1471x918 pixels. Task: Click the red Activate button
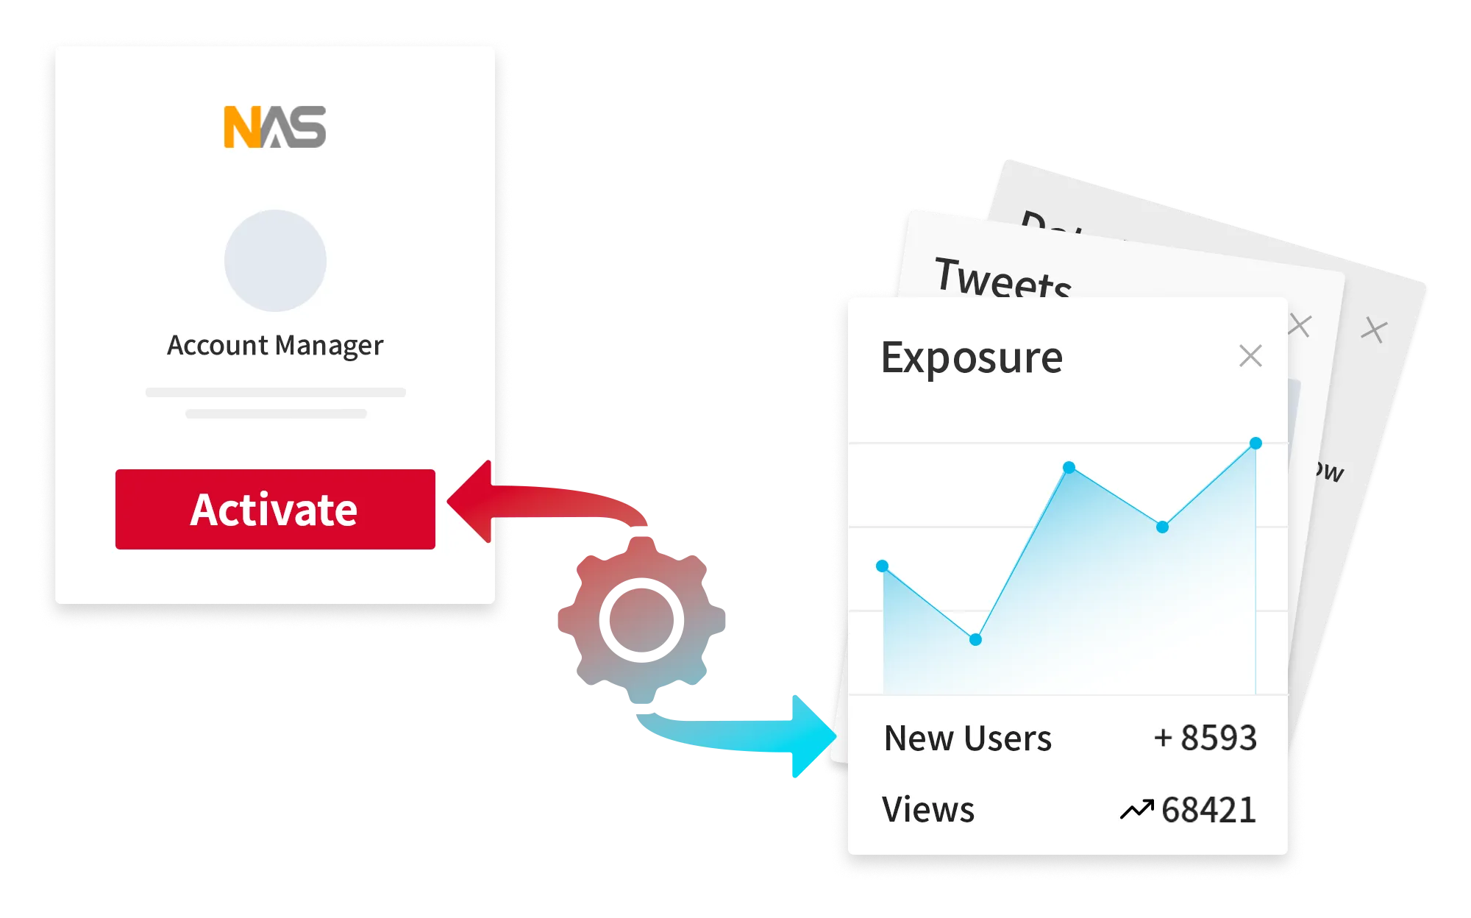click(x=275, y=509)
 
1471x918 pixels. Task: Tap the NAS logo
click(x=275, y=127)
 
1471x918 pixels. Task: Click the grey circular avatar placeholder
click(x=275, y=260)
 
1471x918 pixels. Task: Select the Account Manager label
click(x=275, y=345)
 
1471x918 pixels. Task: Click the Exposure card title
click(x=972, y=358)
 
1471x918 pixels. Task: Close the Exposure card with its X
click(x=1250, y=356)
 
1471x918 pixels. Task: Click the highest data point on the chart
click(x=1256, y=443)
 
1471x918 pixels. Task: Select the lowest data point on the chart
click(x=975, y=639)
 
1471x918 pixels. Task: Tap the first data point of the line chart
click(x=883, y=566)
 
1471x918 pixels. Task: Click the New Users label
click(x=968, y=738)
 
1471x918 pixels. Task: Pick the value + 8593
click(x=1205, y=738)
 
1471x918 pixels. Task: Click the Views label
click(x=928, y=809)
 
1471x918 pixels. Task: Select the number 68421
click(x=1208, y=810)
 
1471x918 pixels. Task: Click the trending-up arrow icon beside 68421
click(x=1136, y=810)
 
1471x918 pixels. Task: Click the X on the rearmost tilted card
click(x=1373, y=330)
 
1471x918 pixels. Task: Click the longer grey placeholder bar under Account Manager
click(x=275, y=392)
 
